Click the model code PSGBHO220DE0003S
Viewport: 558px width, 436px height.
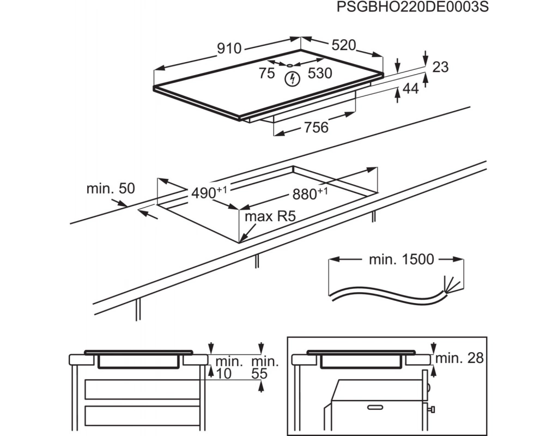[413, 8]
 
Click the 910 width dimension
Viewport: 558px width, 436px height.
[229, 49]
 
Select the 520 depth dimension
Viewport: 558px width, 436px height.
[343, 46]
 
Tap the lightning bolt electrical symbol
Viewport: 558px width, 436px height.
[293, 79]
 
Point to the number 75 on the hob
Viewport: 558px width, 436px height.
[266, 74]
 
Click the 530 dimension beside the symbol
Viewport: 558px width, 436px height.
[320, 74]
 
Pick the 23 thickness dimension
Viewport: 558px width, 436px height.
[440, 67]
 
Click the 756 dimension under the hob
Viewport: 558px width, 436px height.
[316, 128]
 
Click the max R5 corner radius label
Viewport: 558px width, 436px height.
[269, 216]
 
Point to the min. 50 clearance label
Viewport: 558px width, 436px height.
[110, 189]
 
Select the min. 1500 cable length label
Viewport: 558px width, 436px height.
[402, 259]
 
